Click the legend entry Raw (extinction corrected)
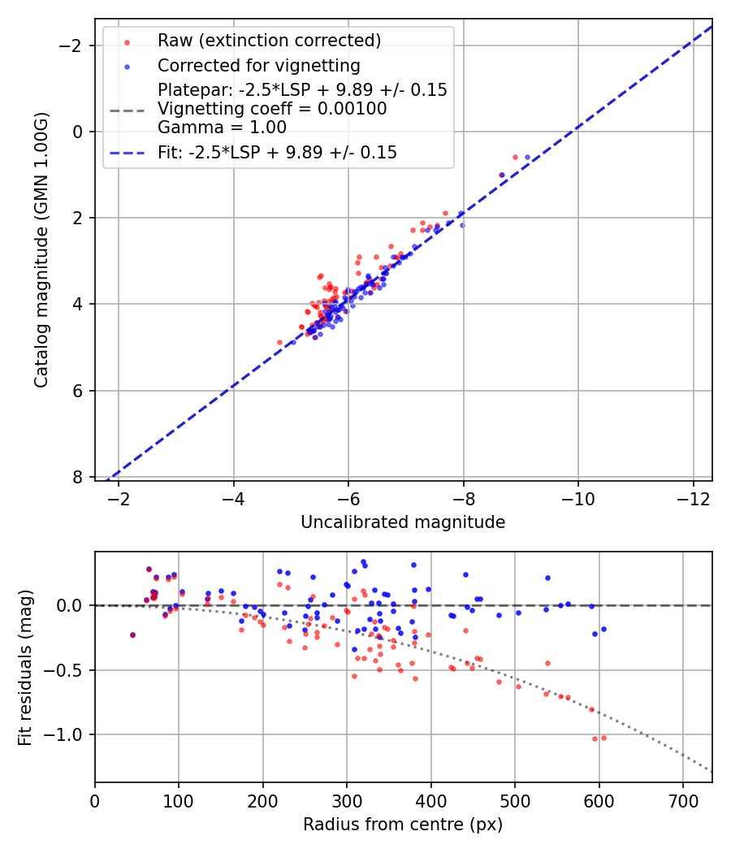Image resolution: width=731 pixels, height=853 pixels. tap(269, 41)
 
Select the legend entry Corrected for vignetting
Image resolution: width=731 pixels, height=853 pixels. tap(259, 65)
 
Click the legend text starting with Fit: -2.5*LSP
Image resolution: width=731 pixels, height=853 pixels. tap(277, 152)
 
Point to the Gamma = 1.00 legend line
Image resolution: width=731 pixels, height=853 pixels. tap(222, 127)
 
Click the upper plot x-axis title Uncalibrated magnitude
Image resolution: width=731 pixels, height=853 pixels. tap(403, 522)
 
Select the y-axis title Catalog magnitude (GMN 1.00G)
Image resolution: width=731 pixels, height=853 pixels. tap(41, 250)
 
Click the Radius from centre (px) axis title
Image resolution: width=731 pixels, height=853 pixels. tap(403, 825)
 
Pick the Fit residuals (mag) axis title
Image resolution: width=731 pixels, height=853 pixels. tap(25, 668)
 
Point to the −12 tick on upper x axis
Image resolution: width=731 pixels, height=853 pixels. tap(693, 497)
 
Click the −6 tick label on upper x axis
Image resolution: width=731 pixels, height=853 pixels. tap(348, 497)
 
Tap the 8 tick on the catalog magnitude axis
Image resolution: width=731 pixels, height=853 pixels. tap(78, 477)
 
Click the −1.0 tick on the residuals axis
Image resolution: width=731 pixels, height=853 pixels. tap(67, 734)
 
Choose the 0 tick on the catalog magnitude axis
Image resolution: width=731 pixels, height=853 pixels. tap(78, 132)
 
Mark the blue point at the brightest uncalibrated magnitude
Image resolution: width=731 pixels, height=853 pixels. tap(527, 157)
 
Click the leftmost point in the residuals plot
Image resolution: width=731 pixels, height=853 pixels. tap(132, 634)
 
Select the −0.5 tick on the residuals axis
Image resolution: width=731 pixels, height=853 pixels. tap(67, 670)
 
